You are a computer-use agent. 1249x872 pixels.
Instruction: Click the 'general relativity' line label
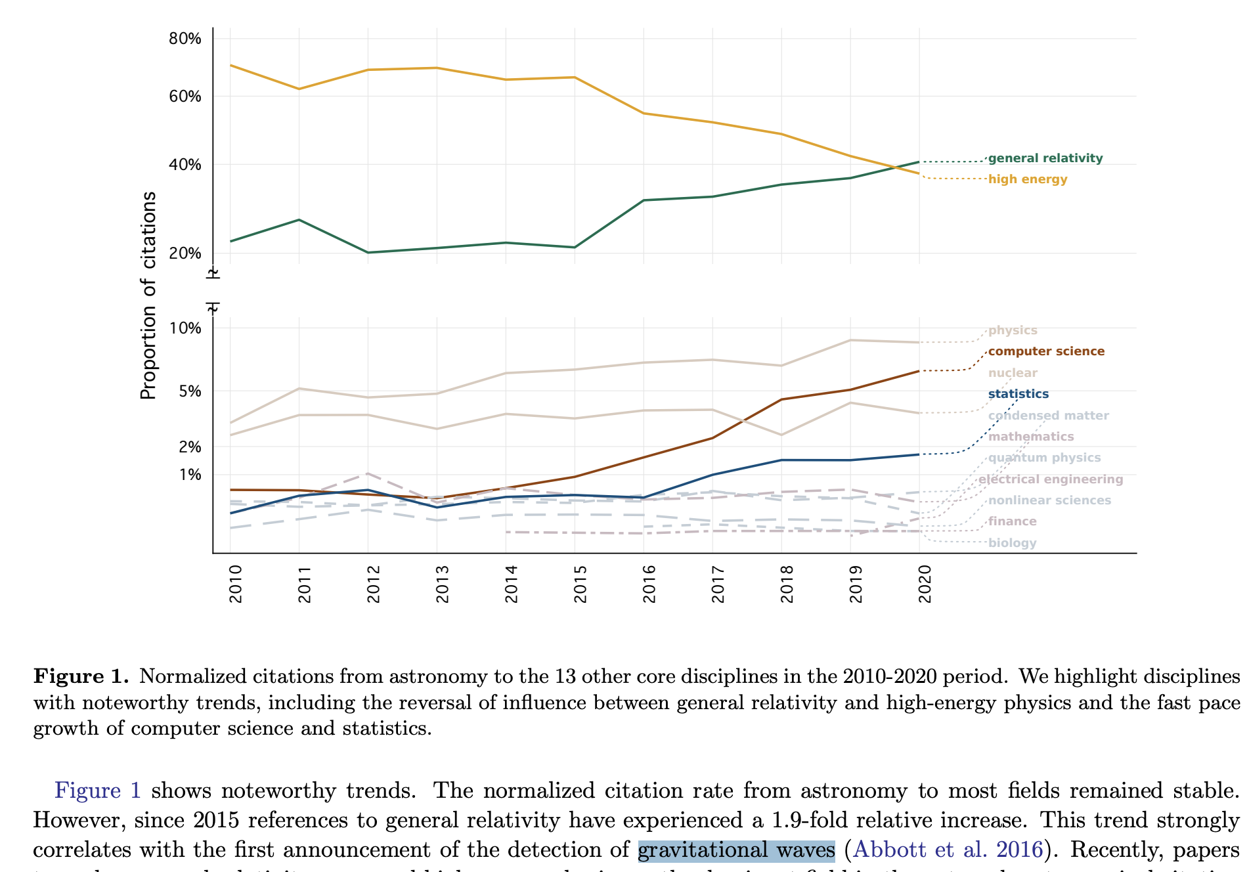click(x=1045, y=158)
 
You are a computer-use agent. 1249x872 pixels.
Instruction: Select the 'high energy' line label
click(x=1027, y=179)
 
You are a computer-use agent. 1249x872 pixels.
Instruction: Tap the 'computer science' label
click(x=1045, y=351)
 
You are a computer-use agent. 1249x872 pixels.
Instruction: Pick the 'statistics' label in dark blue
click(x=1018, y=394)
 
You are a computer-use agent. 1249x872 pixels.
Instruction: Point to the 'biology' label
click(x=1012, y=543)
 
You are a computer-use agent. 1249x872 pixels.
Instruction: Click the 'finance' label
click(x=1012, y=521)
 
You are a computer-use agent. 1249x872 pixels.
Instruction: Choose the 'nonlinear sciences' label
click(x=1049, y=500)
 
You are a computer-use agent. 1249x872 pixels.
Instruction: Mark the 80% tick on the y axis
click(x=185, y=39)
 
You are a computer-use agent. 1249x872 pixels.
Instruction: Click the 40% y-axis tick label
click(x=185, y=164)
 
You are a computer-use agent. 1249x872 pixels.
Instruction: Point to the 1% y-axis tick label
click(x=190, y=474)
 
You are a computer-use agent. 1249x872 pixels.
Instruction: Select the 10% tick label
click(x=185, y=328)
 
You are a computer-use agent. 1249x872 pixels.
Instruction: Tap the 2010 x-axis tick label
click(x=236, y=584)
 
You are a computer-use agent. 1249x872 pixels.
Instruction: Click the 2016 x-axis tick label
click(x=649, y=584)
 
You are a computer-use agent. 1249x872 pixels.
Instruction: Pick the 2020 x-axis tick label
click(x=925, y=584)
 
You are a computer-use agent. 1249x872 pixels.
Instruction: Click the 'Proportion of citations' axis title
click(x=149, y=295)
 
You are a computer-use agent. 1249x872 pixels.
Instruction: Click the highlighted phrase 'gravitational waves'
click(x=736, y=850)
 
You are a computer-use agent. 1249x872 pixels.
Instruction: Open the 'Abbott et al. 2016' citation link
click(x=948, y=850)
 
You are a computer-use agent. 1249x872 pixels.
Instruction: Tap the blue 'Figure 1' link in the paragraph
click(x=97, y=791)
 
